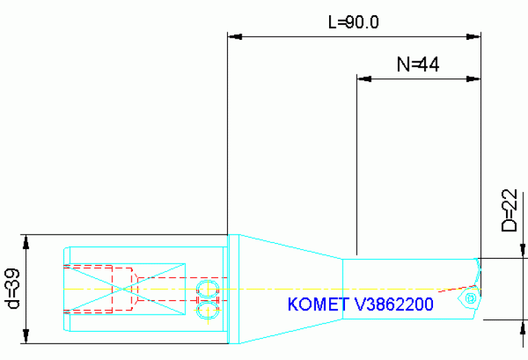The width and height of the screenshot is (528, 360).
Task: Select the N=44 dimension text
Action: tap(418, 65)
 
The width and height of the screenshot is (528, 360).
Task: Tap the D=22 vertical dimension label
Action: tap(509, 211)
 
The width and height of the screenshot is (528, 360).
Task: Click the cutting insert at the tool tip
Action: tap(470, 298)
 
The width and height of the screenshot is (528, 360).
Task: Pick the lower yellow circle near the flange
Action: tap(205, 311)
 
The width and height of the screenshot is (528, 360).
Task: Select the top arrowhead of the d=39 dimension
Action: tap(27, 242)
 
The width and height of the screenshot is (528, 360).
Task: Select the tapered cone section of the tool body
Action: tap(289, 289)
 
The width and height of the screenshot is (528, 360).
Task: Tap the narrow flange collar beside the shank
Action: tap(233, 289)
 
